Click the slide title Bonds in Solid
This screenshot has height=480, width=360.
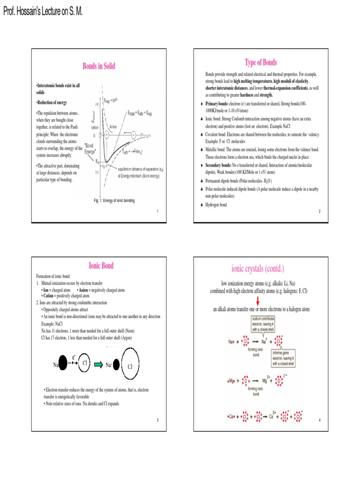click(99, 66)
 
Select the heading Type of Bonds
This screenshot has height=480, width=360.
click(261, 62)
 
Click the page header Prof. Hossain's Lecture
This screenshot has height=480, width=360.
click(43, 11)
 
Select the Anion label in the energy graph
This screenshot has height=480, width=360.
click(113, 127)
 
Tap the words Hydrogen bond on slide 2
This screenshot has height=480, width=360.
click(217, 205)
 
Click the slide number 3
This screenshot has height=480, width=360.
click(157, 420)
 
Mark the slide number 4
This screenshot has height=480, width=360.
click(319, 420)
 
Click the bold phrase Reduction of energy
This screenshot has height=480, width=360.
click(52, 102)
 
